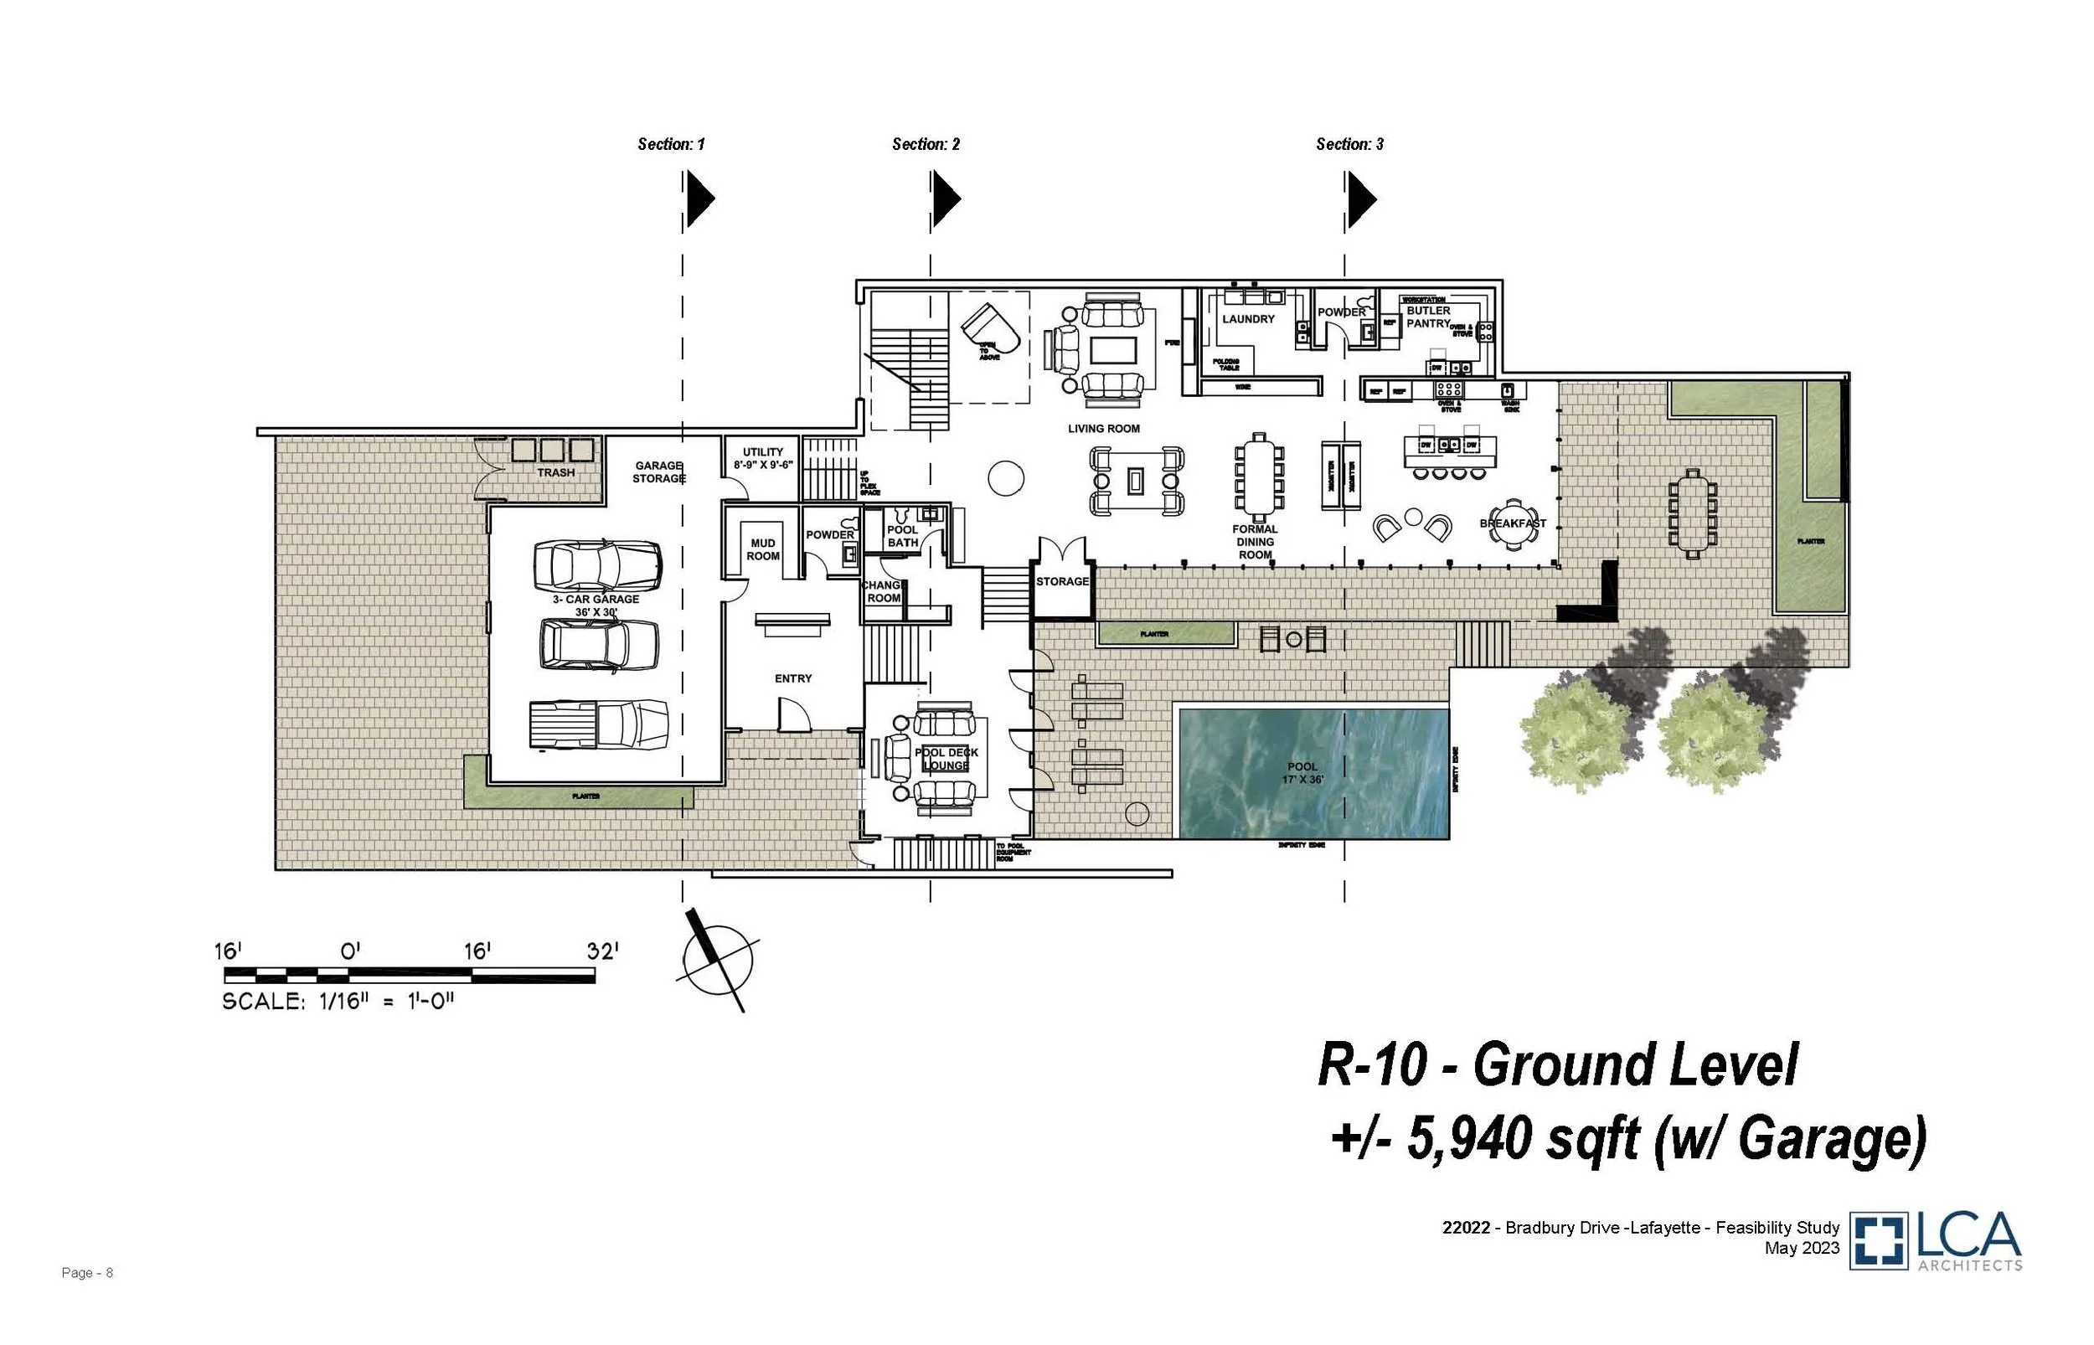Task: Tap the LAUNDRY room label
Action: tap(1248, 319)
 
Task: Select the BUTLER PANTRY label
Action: tap(1428, 317)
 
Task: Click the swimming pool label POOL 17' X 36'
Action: tap(1302, 773)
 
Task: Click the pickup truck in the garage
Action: tap(598, 724)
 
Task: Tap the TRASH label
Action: tap(555, 472)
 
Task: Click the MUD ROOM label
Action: tap(762, 549)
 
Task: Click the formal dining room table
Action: tap(1258, 477)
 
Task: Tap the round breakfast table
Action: tap(1512, 523)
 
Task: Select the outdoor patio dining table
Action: tap(1693, 513)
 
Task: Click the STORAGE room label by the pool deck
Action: tap(1062, 581)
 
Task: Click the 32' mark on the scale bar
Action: tap(601, 951)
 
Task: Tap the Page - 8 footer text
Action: tap(87, 1272)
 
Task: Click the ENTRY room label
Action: tap(793, 678)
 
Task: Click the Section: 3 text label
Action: tap(1349, 144)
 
